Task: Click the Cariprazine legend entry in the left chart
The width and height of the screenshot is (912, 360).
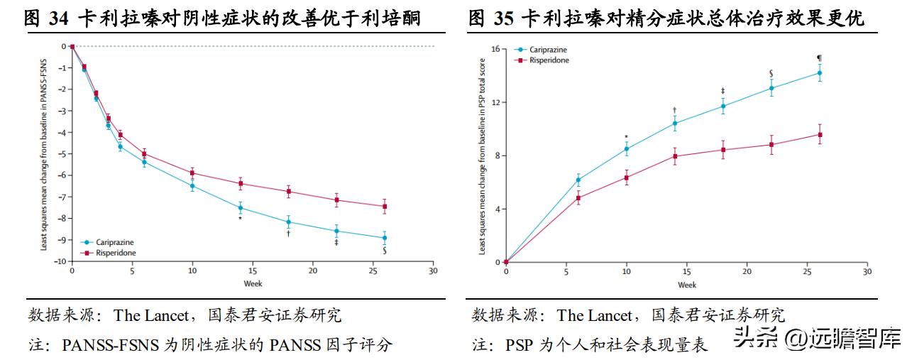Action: coord(114,243)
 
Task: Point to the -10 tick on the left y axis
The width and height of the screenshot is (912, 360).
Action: coord(62,261)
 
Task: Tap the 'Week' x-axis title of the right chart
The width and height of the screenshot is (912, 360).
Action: coord(686,285)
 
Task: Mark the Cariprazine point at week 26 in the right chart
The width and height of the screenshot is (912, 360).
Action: coord(819,72)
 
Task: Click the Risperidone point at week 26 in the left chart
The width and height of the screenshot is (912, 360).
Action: coord(385,207)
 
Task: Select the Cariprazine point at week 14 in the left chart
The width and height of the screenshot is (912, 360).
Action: coord(241,208)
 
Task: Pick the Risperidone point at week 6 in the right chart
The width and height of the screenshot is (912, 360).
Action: coord(578,198)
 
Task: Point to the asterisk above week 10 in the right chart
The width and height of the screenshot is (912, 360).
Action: coord(626,138)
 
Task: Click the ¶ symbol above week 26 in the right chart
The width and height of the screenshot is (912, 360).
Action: coord(819,58)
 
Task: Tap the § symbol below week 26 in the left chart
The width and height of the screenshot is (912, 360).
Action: coord(385,251)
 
